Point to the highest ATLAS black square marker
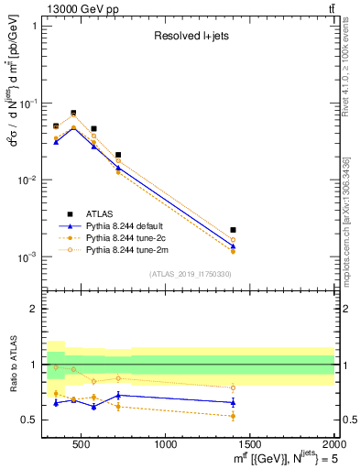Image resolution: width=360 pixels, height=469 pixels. [73, 114]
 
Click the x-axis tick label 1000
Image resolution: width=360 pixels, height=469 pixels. [166, 445]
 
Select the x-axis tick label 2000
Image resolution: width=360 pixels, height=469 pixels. [333, 445]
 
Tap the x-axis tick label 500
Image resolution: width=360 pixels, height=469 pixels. [82, 445]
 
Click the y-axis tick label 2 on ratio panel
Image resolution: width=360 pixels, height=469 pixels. [33, 309]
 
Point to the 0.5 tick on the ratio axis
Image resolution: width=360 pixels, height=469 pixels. [29, 420]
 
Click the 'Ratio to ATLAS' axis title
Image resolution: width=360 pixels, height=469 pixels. [11, 364]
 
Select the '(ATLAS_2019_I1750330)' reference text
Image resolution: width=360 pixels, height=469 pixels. [190, 273]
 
